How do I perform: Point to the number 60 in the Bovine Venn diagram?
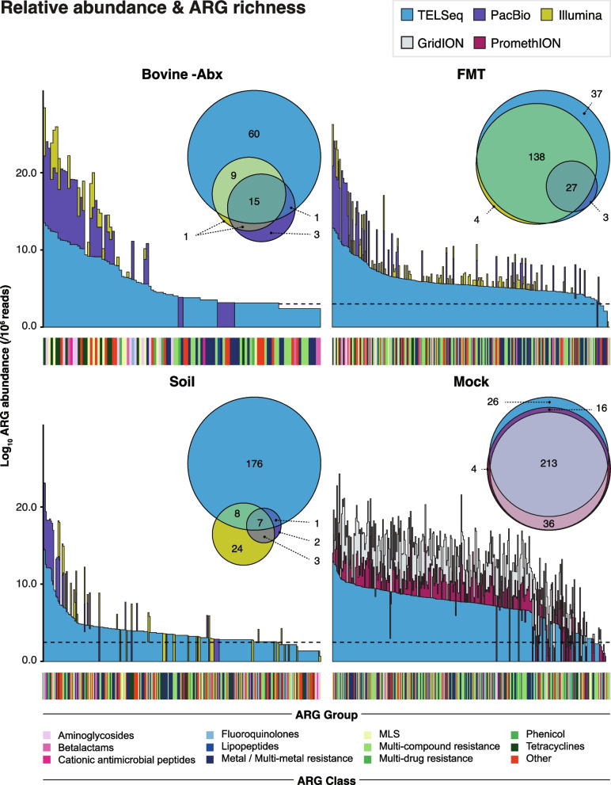tap(254, 134)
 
